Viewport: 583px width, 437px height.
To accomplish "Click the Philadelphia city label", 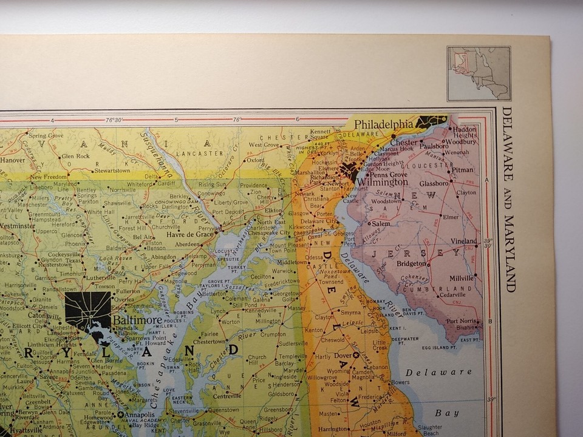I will pos(384,124).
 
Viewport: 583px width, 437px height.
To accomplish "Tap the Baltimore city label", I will pos(137,320).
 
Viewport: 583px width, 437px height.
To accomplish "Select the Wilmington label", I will pos(382,181).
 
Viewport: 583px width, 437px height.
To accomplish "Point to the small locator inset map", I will pos(479,73).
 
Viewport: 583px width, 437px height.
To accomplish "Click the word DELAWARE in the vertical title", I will pos(507,144).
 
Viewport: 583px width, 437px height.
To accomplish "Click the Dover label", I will pos(342,356).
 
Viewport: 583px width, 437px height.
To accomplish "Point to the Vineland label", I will pos(464,241).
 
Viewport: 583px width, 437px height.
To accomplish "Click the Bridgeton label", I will pos(411,263).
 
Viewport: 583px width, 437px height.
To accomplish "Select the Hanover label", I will pos(12,160).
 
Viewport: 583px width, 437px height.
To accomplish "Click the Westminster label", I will pos(16,225).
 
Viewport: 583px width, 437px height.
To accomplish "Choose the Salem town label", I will pos(381,223).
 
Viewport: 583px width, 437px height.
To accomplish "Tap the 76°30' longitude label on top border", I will pos(114,120).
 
